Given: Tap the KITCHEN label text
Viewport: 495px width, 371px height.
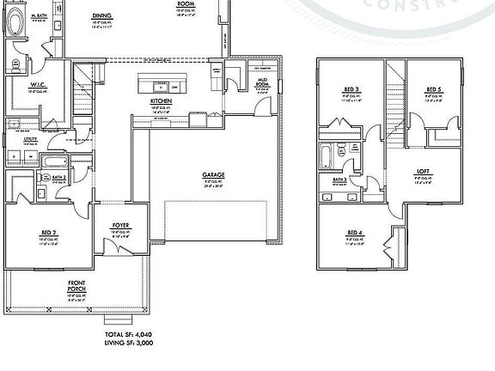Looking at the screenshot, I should tap(162, 100).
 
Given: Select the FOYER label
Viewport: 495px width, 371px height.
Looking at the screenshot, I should tap(120, 225).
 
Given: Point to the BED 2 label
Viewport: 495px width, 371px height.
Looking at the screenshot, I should tap(48, 232).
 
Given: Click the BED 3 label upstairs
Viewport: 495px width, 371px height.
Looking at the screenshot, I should tap(351, 88).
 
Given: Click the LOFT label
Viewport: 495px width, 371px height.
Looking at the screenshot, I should tap(423, 171).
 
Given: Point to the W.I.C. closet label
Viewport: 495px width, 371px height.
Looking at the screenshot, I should tap(37, 84).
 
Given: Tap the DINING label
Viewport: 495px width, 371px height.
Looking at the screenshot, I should tap(101, 15).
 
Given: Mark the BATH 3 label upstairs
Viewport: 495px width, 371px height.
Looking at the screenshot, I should tap(339, 179).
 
